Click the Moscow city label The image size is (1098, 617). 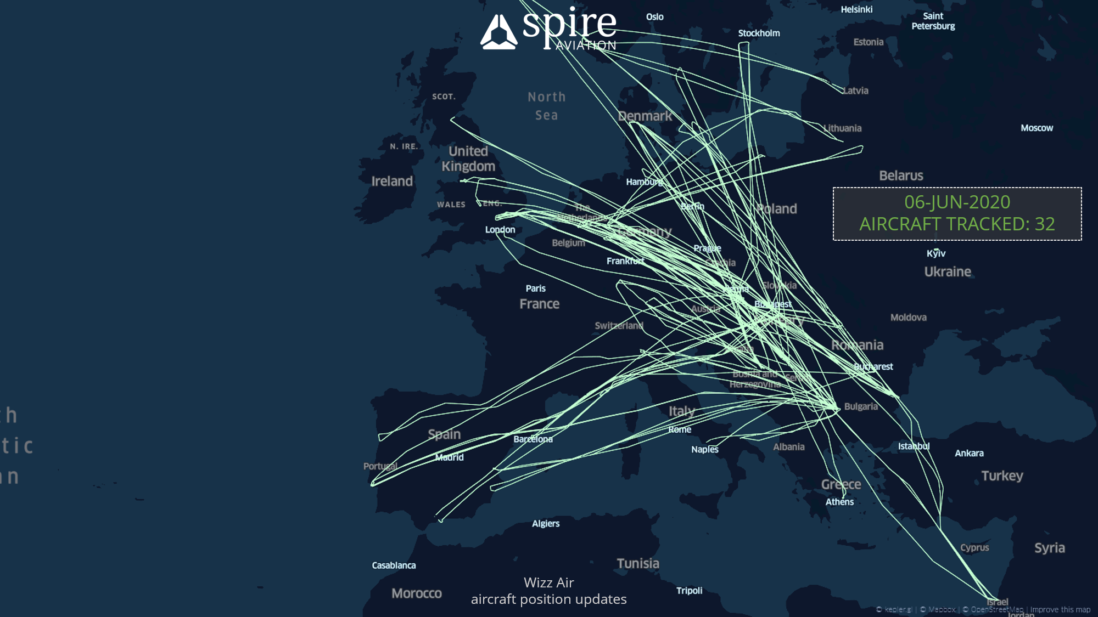pos(1037,128)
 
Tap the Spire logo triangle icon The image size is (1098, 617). pos(498,33)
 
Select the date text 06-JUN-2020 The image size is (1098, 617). pos(957,202)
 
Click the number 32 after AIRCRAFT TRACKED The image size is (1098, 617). pos(1044,224)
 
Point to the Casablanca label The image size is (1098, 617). pos(394,565)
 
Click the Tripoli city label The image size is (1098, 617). pos(689,591)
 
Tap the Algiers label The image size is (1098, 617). pos(546,524)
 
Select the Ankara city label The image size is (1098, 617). pos(969,453)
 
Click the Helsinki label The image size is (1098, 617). pos(856,9)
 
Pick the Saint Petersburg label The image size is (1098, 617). pos(933,21)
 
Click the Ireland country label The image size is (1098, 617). pos(392,182)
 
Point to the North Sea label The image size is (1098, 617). pos(546,106)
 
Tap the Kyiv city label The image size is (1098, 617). pos(936,253)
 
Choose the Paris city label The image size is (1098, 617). pos(535,288)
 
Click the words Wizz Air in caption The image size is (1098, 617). pos(548,582)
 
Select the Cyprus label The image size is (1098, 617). pos(974,547)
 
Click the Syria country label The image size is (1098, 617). pos(1049,548)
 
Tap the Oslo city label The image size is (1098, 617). pos(654,17)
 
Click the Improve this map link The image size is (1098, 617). pos(1060,609)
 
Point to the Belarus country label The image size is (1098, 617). pos(901,176)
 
